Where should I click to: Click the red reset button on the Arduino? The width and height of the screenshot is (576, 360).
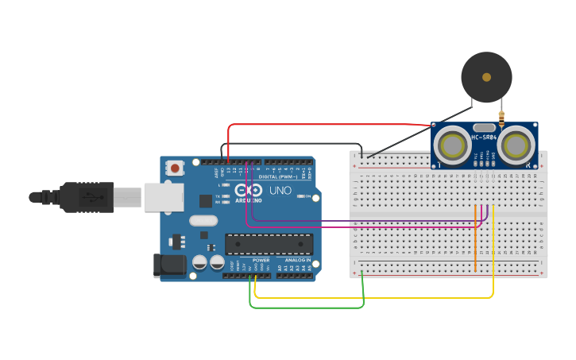tap(174, 168)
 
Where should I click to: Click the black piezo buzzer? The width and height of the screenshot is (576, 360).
tap(486, 77)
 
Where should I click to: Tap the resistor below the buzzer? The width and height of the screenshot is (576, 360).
tap(501, 119)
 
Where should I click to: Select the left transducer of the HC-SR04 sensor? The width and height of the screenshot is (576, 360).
tap(453, 145)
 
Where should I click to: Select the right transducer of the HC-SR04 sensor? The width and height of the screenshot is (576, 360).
tap(516, 145)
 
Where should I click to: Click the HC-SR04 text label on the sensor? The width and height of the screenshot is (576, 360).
tap(484, 137)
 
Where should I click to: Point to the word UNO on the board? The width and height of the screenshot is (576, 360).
tap(280, 192)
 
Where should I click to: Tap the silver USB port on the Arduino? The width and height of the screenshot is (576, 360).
tap(164, 197)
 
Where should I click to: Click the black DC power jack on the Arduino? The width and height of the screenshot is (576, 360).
tap(169, 265)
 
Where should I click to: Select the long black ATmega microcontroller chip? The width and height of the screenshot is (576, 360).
tap(269, 244)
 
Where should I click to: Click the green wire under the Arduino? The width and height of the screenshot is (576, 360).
tap(306, 307)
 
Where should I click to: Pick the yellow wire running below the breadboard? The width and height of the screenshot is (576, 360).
tap(373, 297)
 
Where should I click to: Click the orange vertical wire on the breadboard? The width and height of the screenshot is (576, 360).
tap(475, 238)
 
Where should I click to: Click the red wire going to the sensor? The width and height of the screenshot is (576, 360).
tap(326, 125)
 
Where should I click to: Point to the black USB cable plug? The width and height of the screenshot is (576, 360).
tap(87, 197)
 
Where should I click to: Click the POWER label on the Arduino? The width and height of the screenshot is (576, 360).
tap(261, 260)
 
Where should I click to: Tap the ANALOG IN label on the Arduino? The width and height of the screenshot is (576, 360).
tap(298, 260)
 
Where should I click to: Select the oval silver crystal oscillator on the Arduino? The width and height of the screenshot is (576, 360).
tap(203, 221)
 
